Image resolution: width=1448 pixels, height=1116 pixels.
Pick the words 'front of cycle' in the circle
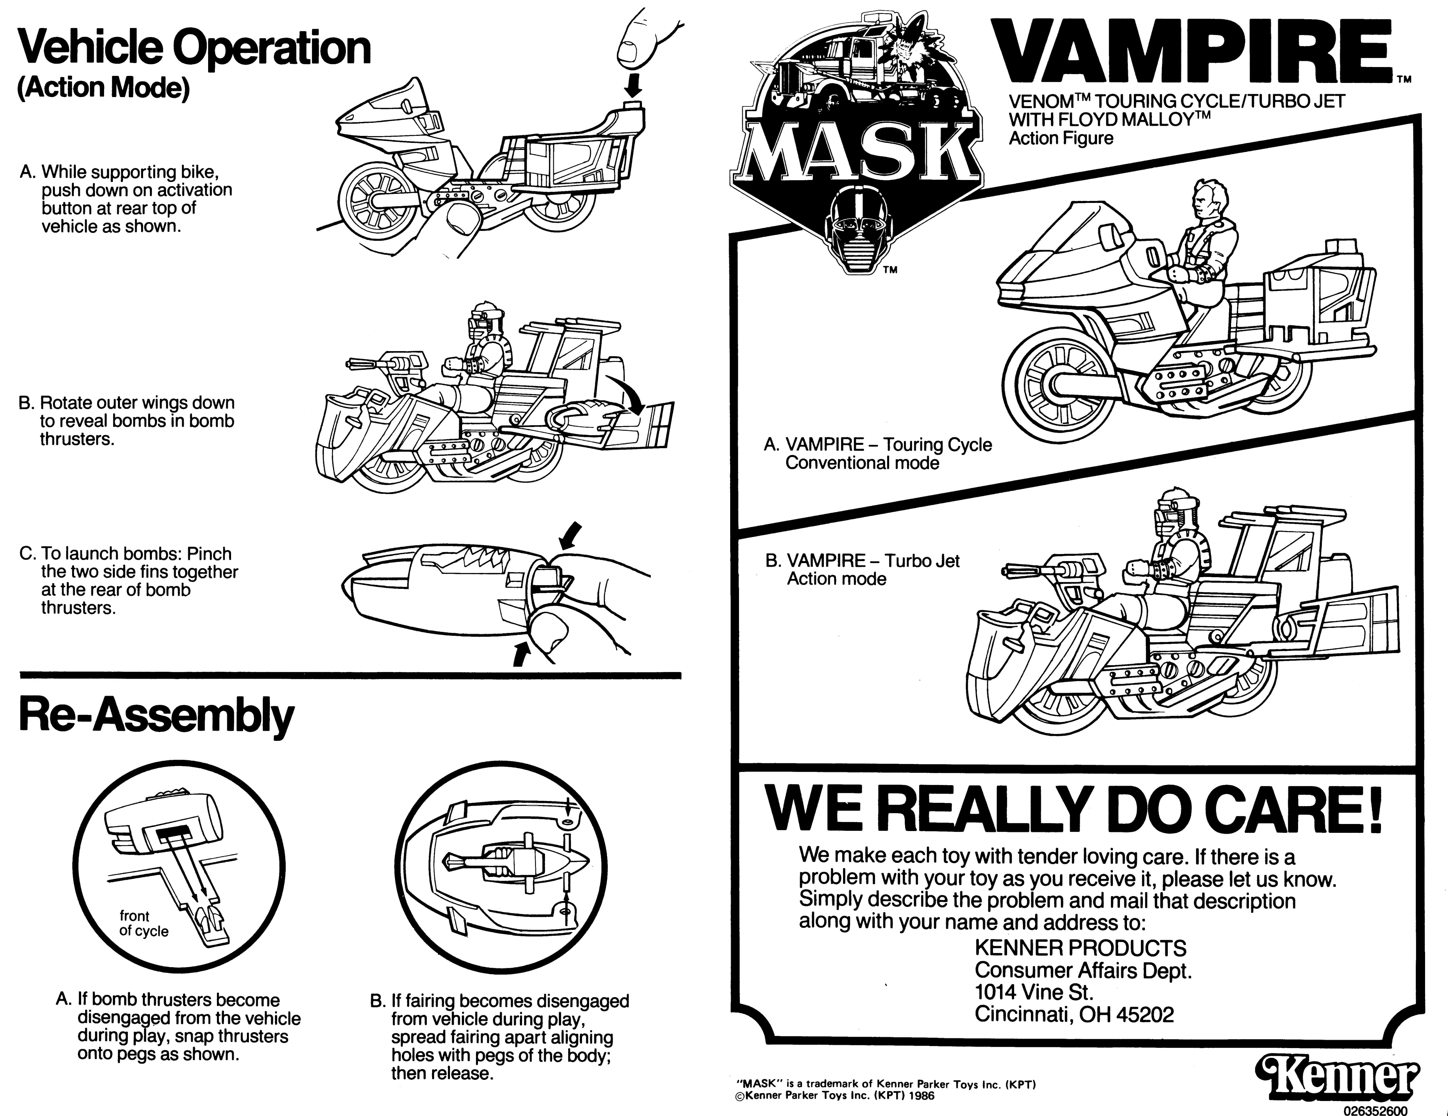click(x=144, y=923)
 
